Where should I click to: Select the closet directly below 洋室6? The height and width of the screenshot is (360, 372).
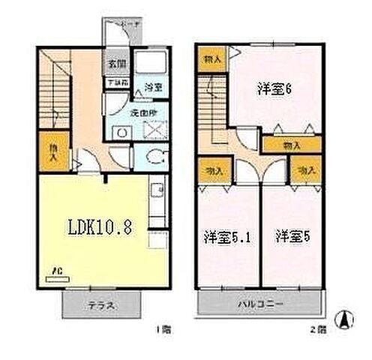pos(291,145)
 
